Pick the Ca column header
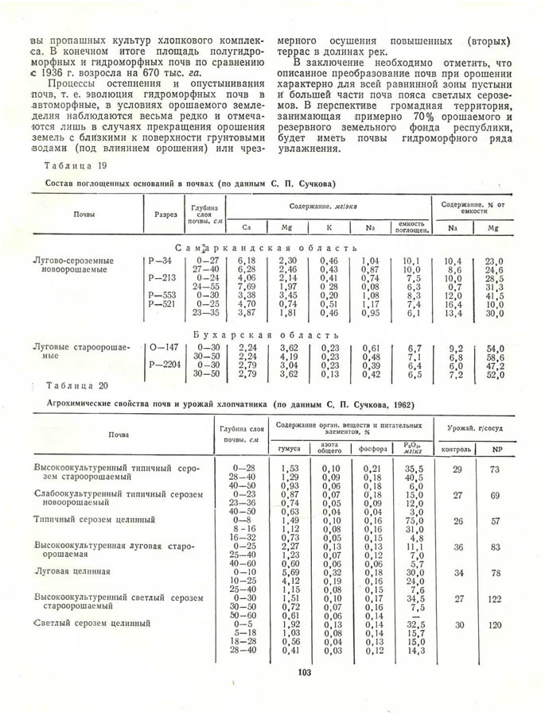tap(247, 228)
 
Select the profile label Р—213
tap(160, 278)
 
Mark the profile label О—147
tap(162, 347)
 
